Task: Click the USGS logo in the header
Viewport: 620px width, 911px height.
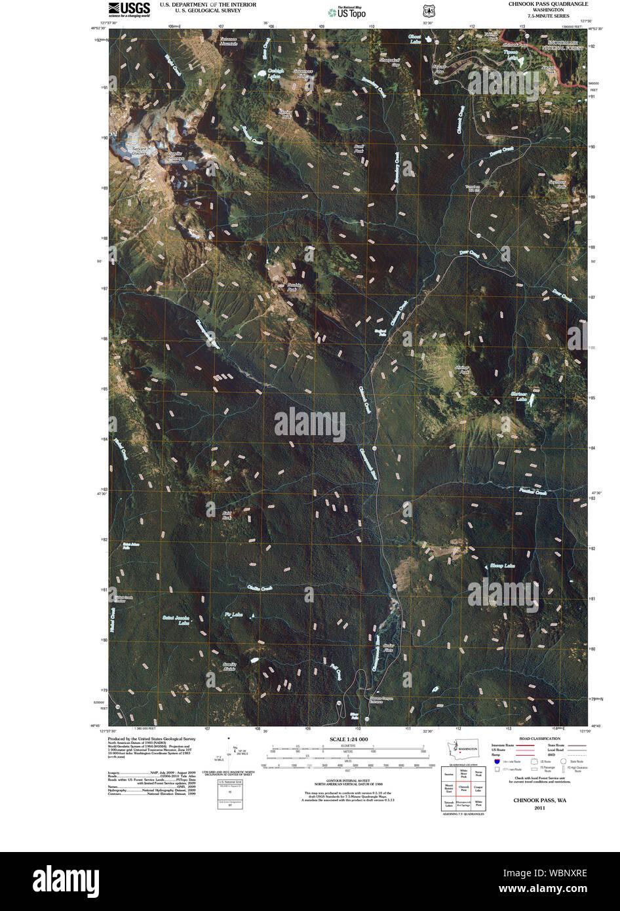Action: coord(128,9)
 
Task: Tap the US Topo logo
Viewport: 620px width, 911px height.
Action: coord(347,12)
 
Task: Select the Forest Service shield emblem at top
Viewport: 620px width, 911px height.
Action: coord(429,11)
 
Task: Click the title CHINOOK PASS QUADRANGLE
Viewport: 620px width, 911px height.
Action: coord(548,4)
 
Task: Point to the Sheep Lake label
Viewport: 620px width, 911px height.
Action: coord(502,566)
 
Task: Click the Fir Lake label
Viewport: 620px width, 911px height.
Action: coord(233,615)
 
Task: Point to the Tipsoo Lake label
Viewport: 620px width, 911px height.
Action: coord(511,51)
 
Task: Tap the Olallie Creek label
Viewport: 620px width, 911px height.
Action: coord(260,589)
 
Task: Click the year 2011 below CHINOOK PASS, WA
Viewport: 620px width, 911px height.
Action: coord(539,807)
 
